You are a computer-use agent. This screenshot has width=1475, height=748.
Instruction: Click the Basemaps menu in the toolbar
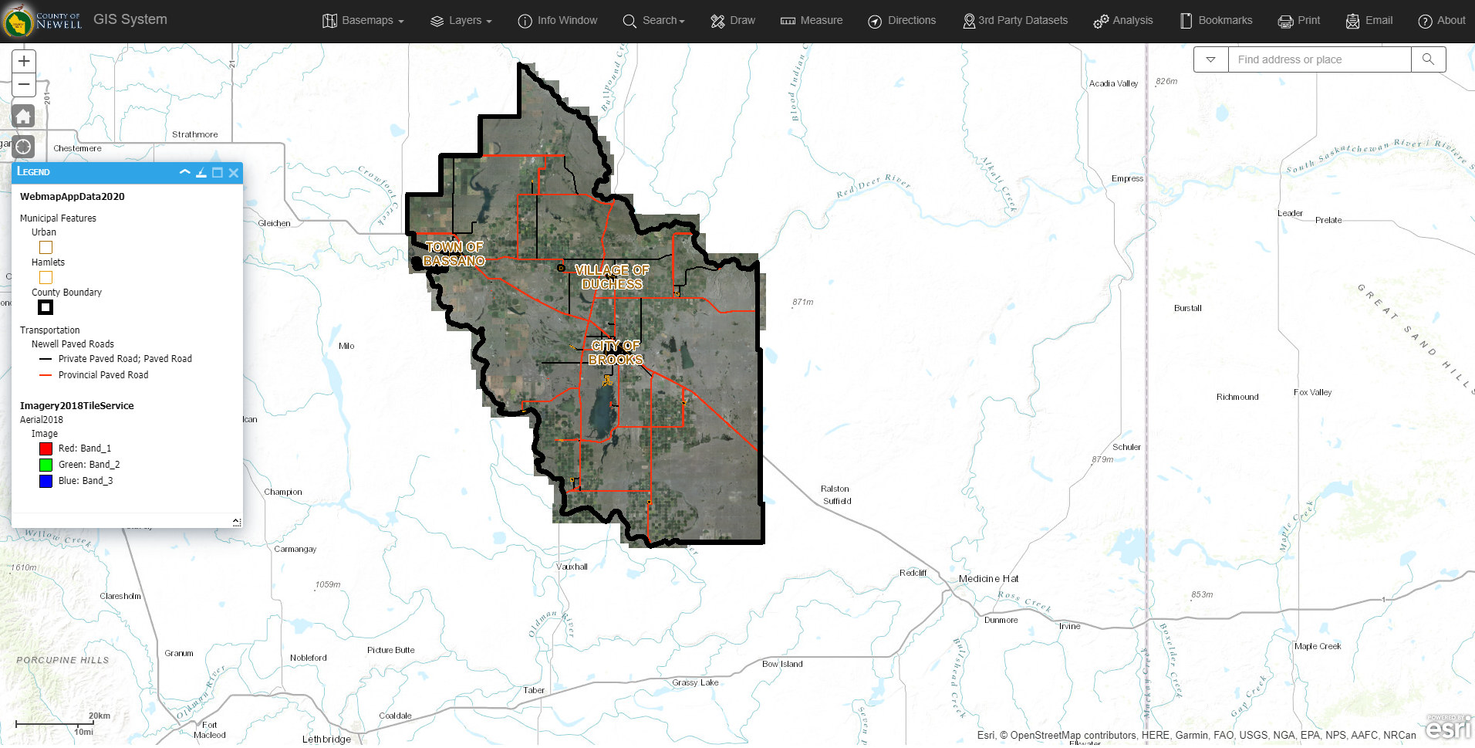coord(363,21)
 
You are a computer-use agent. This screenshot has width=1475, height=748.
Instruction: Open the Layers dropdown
coord(461,21)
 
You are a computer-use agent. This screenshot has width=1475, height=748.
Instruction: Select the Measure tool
coord(812,21)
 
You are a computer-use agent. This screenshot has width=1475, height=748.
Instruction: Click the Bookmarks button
coord(1216,21)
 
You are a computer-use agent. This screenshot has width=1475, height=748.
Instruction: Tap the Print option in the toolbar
coord(1299,21)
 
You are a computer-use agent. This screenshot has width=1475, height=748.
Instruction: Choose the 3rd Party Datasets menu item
coord(1015,21)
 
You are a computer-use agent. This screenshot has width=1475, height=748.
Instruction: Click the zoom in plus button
coord(24,62)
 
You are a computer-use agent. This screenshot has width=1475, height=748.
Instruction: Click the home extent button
coord(24,117)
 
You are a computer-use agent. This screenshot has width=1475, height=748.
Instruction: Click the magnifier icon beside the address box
coord(1428,59)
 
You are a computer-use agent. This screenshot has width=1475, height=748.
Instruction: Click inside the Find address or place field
coord(1318,59)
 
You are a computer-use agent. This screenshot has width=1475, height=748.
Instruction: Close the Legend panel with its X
coord(234,173)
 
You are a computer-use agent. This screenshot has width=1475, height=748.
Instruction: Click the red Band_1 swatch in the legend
coord(46,448)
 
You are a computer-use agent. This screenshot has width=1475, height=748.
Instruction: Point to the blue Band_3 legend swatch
coord(46,481)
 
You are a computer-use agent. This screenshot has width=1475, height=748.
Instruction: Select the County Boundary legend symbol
coord(46,307)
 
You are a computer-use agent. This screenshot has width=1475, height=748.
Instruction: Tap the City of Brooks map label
coord(616,353)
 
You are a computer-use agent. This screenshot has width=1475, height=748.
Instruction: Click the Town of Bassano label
coord(454,254)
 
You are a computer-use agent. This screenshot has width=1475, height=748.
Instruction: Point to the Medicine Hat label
coord(988,579)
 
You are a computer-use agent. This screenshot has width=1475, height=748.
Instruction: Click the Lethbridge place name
coord(326,740)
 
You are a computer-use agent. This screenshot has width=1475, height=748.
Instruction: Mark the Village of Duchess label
coord(612,277)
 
